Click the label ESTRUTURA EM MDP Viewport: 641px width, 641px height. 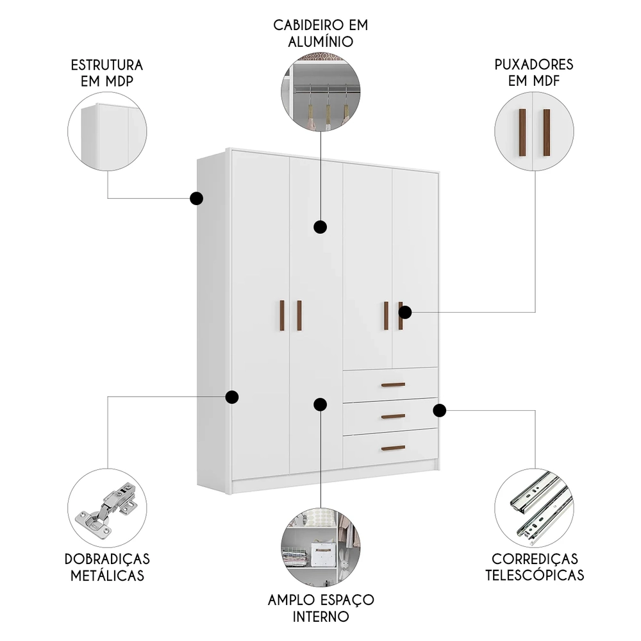107,72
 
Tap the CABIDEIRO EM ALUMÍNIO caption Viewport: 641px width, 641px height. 320,33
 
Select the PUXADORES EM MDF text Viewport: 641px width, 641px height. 534,72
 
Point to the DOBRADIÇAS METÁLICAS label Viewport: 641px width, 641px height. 107,567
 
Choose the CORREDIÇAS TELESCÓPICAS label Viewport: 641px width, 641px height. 534,567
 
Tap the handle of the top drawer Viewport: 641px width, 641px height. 393,385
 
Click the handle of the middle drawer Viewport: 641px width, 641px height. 393,416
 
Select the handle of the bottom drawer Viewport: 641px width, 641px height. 393,447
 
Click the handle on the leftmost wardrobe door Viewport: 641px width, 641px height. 281,315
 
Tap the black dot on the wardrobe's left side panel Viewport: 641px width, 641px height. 197,198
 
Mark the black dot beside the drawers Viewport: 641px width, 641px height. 439,410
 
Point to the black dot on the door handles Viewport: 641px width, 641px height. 404,312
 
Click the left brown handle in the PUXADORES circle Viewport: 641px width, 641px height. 522,133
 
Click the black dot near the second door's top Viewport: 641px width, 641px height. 320,226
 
